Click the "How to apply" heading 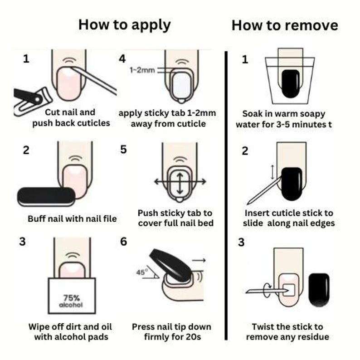(124, 25)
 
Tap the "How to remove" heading (285, 25)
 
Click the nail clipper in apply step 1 (32, 101)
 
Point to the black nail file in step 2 (46, 196)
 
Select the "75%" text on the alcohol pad (71, 298)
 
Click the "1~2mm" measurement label (142, 70)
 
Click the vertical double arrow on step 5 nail (180, 183)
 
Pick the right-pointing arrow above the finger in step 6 (199, 260)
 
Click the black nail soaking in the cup (291, 84)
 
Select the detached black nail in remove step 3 (319, 290)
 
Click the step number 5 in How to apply (123, 150)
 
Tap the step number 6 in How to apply (123, 241)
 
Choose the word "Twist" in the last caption (262, 326)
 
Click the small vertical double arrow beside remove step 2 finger (272, 172)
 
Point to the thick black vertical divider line (226, 195)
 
